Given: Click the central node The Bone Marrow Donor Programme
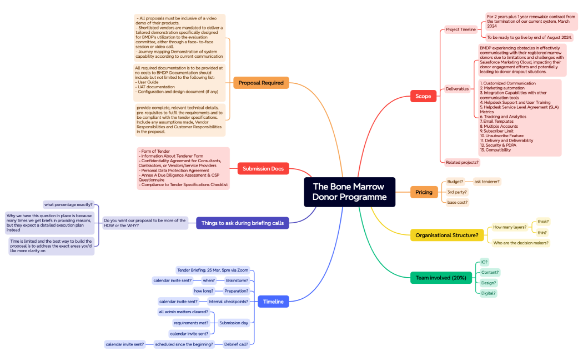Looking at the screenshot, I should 349,192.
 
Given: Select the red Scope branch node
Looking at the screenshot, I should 423,96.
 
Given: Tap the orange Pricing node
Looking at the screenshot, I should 424,192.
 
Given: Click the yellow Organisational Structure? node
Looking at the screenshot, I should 446,235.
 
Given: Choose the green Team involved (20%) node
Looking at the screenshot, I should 440,277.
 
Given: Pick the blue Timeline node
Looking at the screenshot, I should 273,302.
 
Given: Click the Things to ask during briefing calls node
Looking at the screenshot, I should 242,223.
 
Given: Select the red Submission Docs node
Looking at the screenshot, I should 263,169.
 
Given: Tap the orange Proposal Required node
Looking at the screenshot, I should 261,83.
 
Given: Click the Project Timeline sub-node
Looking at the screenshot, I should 461,29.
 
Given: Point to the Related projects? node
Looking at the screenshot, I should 462,162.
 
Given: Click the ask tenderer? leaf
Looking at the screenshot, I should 487,182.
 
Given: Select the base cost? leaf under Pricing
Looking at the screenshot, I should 458,202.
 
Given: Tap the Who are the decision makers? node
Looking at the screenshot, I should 521,243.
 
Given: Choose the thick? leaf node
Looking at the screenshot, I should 542,222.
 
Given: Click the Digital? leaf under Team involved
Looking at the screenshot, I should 489,293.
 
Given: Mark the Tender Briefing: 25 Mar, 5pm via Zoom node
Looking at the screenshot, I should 213,270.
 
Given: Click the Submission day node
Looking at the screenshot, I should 233,323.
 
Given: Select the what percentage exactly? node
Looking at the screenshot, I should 69,204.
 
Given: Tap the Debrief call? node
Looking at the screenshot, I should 236,344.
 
